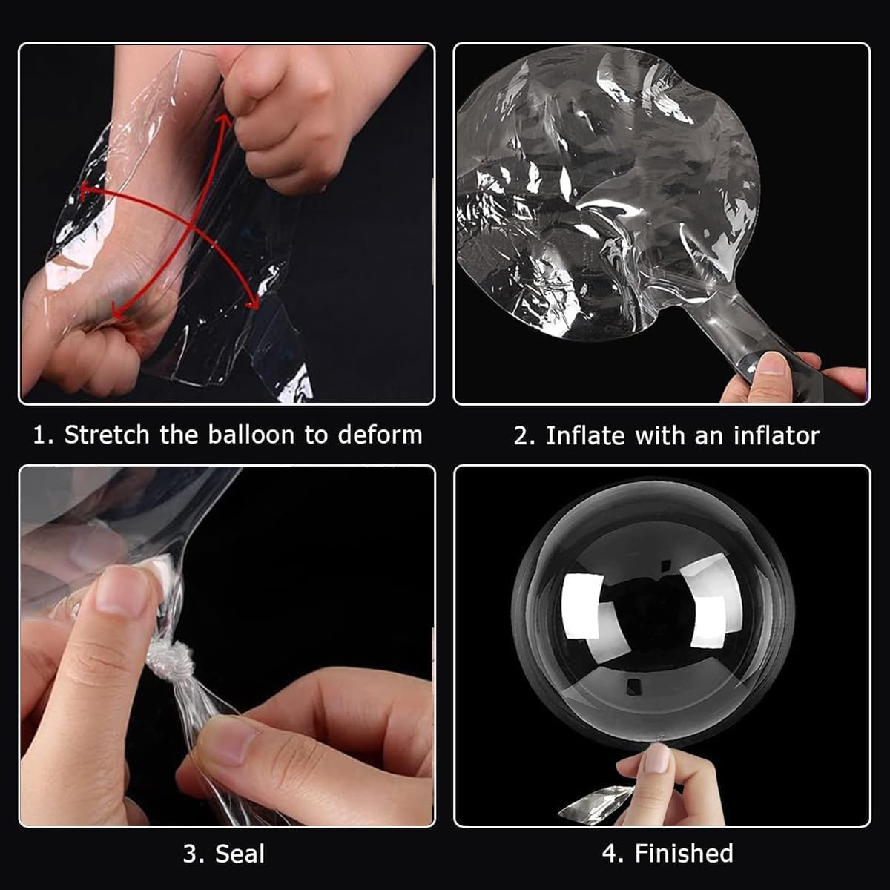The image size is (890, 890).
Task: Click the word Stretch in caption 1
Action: tap(107, 435)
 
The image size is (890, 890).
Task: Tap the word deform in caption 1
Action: tap(380, 435)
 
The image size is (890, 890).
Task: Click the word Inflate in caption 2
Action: tap(584, 435)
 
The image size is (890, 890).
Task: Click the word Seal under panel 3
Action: tap(240, 854)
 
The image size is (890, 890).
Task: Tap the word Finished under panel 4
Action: tap(684, 853)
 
